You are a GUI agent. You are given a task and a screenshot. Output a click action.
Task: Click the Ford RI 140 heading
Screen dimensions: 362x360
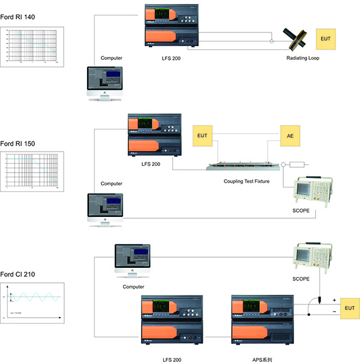pyautogui.click(x=17, y=17)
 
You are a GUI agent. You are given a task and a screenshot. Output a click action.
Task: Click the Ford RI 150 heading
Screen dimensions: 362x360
pyautogui.click(x=17, y=143)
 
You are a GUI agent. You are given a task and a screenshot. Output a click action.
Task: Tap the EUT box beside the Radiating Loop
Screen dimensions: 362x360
pyautogui.click(x=326, y=39)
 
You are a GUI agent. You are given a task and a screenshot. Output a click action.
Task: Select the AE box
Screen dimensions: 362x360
pyautogui.click(x=290, y=136)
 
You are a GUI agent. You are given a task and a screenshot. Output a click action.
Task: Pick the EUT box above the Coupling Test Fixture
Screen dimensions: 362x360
pyautogui.click(x=202, y=136)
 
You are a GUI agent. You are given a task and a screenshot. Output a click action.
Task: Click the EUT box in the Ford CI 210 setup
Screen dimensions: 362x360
pyautogui.click(x=349, y=308)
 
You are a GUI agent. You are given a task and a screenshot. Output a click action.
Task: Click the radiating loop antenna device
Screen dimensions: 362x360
pyautogui.click(x=296, y=39)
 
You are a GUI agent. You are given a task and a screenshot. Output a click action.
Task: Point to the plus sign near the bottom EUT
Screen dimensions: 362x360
pyautogui.click(x=334, y=300)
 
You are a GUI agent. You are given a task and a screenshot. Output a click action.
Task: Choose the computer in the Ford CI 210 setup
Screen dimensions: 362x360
pyautogui.click(x=133, y=261)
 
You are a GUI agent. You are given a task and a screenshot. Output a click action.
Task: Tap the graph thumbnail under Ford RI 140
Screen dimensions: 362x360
pyautogui.click(x=34, y=46)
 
